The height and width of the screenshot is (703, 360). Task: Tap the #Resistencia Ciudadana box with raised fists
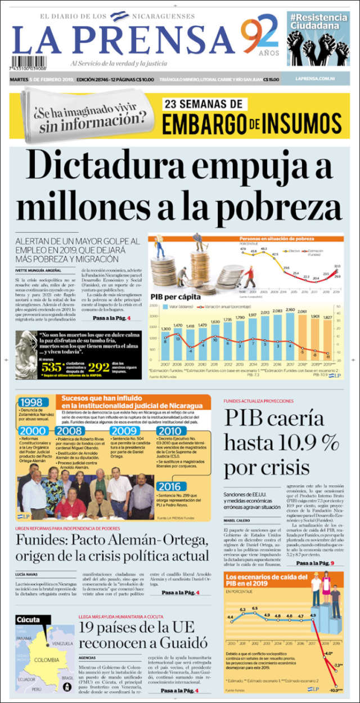317,39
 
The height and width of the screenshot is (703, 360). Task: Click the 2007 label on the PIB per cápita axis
166,364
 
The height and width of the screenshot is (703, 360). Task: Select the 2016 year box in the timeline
169,486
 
